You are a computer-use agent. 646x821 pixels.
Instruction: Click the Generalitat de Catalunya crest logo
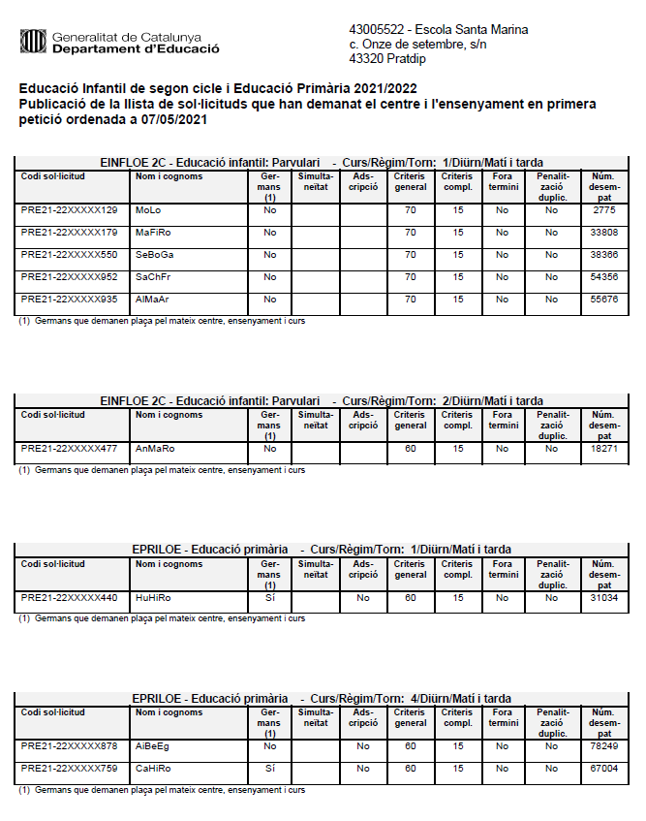(34, 41)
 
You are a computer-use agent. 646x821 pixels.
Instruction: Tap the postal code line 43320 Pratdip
(386, 59)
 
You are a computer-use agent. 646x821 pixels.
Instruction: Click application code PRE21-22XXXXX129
(69, 210)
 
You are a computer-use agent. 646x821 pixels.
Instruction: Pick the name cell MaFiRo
(153, 233)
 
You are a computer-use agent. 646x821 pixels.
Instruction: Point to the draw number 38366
(604, 255)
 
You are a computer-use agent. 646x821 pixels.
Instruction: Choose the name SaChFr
(153, 277)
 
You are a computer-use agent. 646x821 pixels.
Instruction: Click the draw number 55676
(604, 300)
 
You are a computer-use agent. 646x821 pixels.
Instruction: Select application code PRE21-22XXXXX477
(69, 449)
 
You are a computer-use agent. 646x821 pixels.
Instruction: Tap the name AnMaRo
(153, 449)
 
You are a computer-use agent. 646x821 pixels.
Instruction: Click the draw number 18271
(604, 449)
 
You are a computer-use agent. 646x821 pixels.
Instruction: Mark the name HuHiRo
(153, 598)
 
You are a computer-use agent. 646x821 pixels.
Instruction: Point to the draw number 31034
(604, 598)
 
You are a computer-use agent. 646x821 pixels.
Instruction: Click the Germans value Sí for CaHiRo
(270, 770)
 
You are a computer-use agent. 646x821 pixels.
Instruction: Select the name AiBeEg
(152, 747)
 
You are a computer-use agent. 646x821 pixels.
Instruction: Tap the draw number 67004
(604, 770)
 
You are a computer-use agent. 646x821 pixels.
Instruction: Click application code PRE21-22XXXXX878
(69, 747)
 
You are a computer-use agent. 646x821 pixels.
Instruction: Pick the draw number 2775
(604, 210)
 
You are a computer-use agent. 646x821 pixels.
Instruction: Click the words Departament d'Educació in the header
(136, 47)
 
